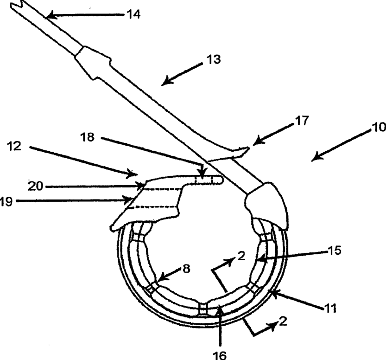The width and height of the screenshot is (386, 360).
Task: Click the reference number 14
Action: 133,14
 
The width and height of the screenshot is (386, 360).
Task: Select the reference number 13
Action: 214,60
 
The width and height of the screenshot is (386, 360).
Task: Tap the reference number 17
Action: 301,121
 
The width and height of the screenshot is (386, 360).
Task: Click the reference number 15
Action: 334,251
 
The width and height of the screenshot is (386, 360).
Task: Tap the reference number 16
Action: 219,354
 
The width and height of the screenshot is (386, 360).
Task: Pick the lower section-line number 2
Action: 282,322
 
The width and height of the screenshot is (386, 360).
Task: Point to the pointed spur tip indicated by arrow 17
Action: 249,148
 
